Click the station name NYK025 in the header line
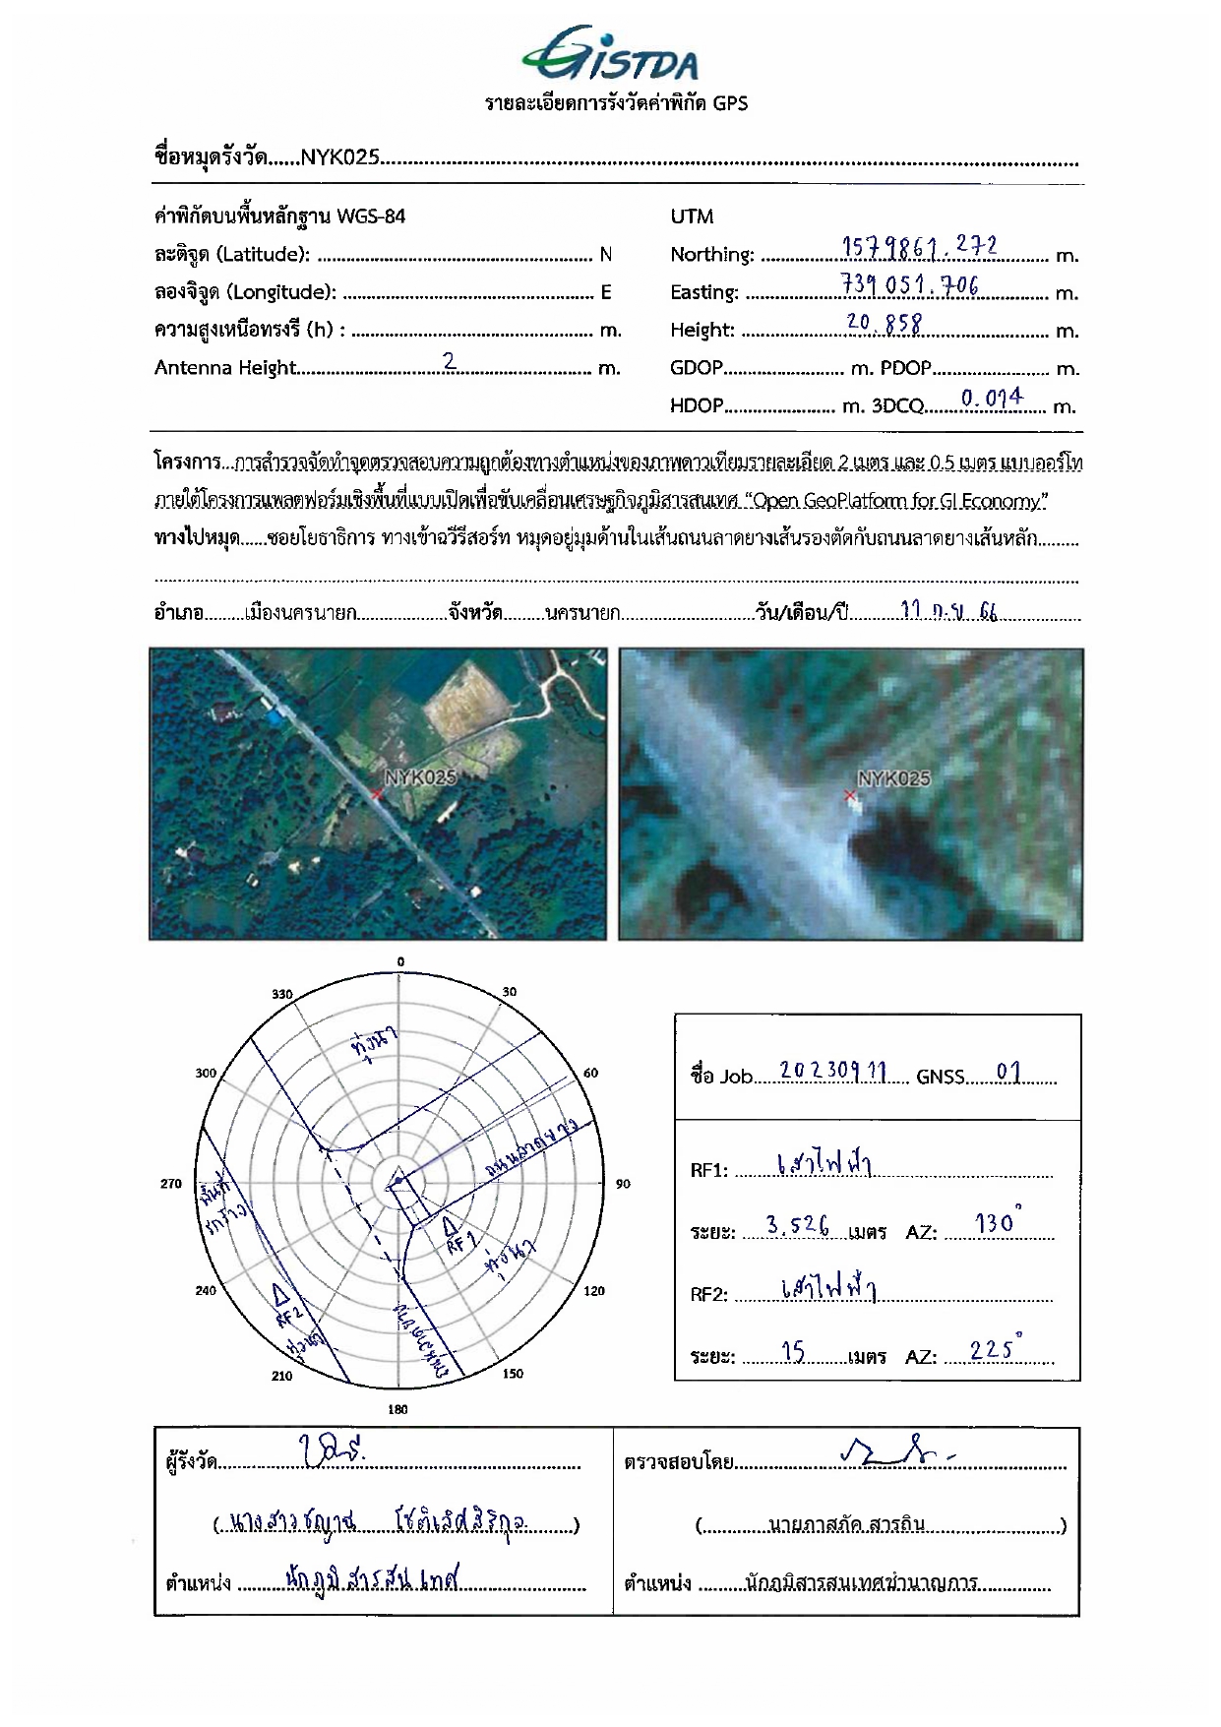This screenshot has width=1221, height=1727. click(x=339, y=155)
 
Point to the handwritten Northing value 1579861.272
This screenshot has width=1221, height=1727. click(x=919, y=247)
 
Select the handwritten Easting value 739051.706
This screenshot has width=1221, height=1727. click(x=909, y=285)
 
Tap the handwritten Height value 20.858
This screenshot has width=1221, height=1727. click(x=884, y=323)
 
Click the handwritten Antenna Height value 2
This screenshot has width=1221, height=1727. click(x=450, y=361)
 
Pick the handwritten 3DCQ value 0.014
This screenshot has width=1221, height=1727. click(x=991, y=398)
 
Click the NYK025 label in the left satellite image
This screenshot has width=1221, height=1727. click(x=420, y=777)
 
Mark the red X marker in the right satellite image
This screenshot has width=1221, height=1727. click(x=850, y=794)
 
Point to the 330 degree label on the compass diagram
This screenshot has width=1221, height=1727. click(x=282, y=994)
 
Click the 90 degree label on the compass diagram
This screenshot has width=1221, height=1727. click(x=623, y=1184)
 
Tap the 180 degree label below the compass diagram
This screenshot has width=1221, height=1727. click(x=397, y=1409)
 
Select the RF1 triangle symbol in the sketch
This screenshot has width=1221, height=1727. click(x=449, y=1226)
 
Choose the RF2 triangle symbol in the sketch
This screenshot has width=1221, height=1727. click(x=280, y=1292)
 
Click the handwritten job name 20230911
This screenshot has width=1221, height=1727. click(x=832, y=1071)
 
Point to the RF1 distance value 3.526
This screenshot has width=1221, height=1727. click(x=797, y=1226)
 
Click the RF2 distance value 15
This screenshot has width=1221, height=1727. click(x=793, y=1353)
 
